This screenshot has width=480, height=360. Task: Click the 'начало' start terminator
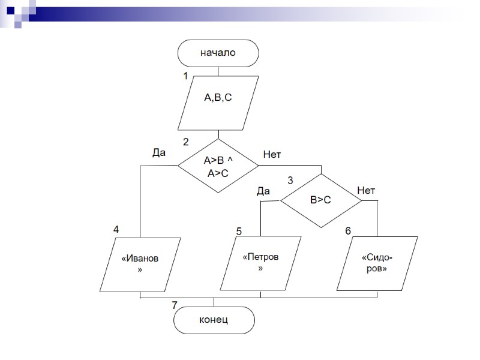pyautogui.click(x=218, y=52)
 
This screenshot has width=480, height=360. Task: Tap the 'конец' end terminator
pyautogui.click(x=214, y=320)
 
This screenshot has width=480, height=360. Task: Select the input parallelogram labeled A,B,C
pyautogui.click(x=218, y=103)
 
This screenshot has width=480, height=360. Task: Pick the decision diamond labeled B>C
pyautogui.click(x=320, y=200)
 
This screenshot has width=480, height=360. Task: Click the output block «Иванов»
pyautogui.click(x=140, y=264)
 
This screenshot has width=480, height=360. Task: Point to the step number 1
pyautogui.click(x=185, y=77)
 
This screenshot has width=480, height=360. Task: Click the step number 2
pyautogui.click(x=185, y=143)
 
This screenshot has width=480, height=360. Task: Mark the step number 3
pyautogui.click(x=291, y=180)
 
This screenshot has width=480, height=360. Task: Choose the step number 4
pyautogui.click(x=116, y=230)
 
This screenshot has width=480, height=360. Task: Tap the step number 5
pyautogui.click(x=239, y=231)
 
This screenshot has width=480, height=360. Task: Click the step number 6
pyautogui.click(x=348, y=231)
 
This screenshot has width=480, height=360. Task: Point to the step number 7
pyautogui.click(x=175, y=305)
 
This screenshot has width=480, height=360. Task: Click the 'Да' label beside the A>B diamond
pyautogui.click(x=158, y=153)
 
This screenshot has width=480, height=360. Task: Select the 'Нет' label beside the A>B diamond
pyautogui.click(x=272, y=155)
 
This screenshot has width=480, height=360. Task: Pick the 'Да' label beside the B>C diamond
pyautogui.click(x=263, y=191)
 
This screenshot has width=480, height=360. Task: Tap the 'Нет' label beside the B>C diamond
pyautogui.click(x=366, y=190)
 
